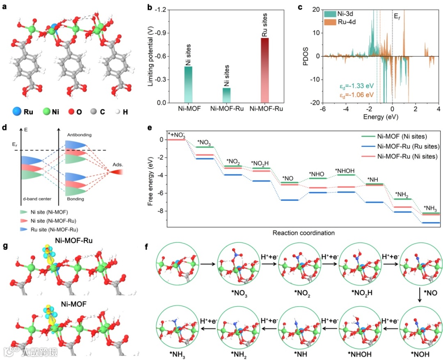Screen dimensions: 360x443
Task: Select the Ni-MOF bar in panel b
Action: (188, 84)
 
